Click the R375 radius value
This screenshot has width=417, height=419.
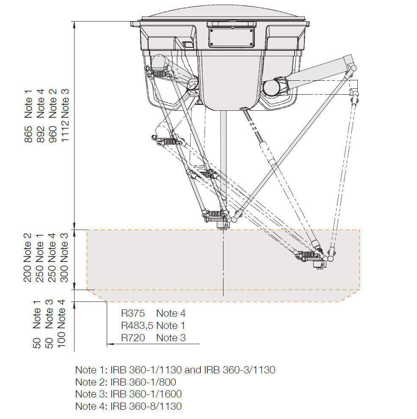(x=133, y=313)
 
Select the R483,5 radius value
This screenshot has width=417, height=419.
(x=137, y=326)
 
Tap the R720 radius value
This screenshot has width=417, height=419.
(x=133, y=338)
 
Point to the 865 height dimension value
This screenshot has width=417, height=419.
(x=28, y=134)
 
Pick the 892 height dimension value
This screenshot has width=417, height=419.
(x=41, y=134)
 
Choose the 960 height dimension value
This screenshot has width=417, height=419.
(x=52, y=134)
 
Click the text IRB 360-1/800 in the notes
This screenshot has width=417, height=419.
(x=143, y=382)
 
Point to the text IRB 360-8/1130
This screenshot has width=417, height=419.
(x=146, y=407)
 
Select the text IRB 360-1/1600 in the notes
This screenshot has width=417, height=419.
(x=146, y=394)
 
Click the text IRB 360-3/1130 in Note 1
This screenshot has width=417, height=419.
(x=240, y=370)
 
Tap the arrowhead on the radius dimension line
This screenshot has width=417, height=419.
(x=110, y=344)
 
